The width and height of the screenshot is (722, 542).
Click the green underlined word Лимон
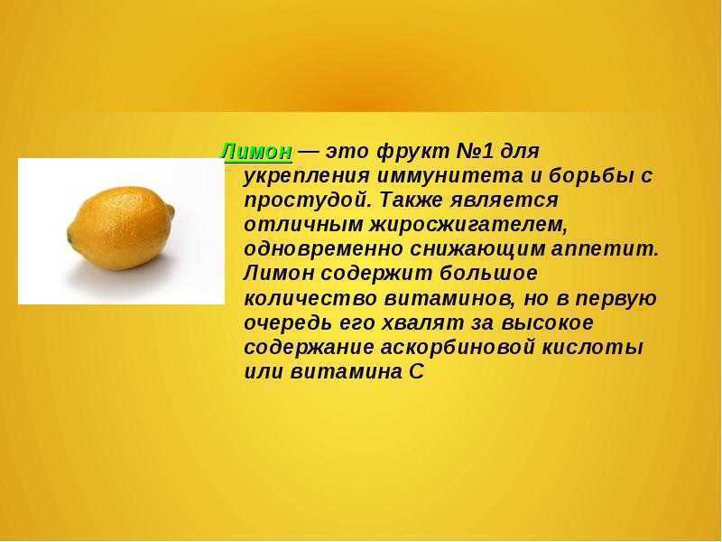click(x=256, y=152)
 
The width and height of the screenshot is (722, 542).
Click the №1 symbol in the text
click(x=474, y=151)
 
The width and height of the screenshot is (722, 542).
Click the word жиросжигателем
click(x=467, y=225)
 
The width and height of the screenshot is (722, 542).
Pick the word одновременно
click(x=323, y=249)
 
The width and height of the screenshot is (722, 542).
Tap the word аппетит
click(x=605, y=250)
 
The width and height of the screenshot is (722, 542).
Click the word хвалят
click(x=422, y=323)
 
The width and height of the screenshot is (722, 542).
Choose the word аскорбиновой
click(x=458, y=348)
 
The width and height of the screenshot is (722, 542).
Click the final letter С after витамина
click(x=416, y=372)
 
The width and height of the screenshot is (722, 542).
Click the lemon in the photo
click(x=121, y=228)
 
